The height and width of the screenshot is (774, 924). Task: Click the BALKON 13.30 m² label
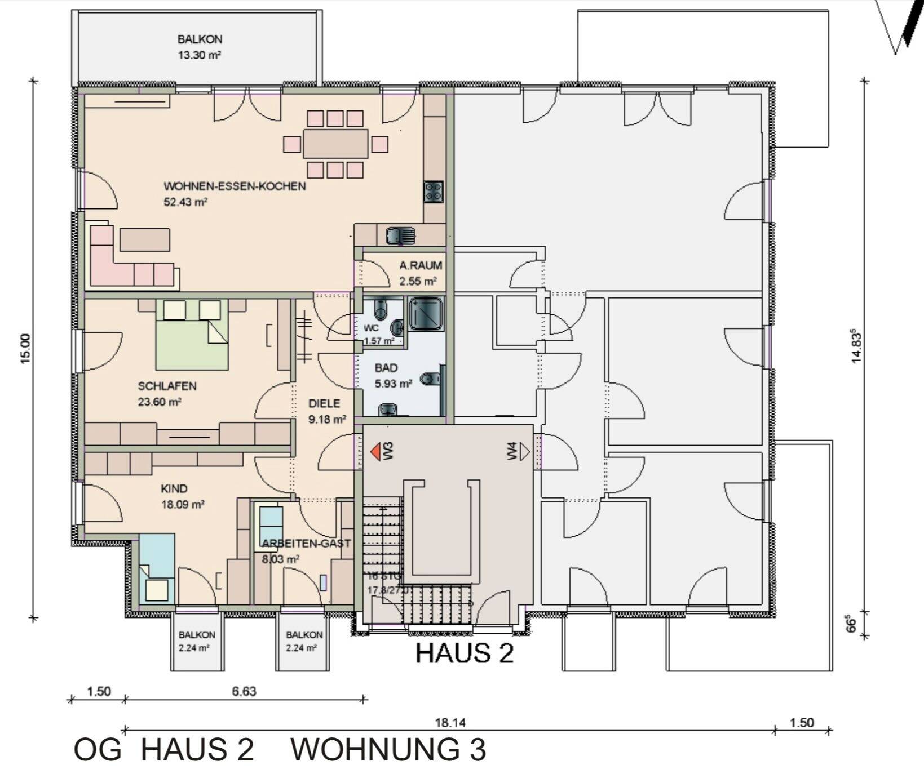[200, 47]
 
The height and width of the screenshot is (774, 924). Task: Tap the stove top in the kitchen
[434, 192]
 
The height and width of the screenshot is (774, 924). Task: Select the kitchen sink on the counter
[400, 235]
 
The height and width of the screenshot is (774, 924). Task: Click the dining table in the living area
[335, 144]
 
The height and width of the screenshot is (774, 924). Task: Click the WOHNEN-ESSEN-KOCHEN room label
[235, 186]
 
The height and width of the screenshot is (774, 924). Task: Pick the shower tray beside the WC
[426, 313]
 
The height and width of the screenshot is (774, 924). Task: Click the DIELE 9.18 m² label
[326, 411]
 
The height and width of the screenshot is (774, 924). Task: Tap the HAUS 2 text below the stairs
[465, 653]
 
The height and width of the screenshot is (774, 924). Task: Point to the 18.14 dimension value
[449, 723]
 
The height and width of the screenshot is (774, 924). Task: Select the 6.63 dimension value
[244, 691]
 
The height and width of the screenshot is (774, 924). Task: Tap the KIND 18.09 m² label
[182, 496]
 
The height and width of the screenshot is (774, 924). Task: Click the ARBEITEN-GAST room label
[306, 543]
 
